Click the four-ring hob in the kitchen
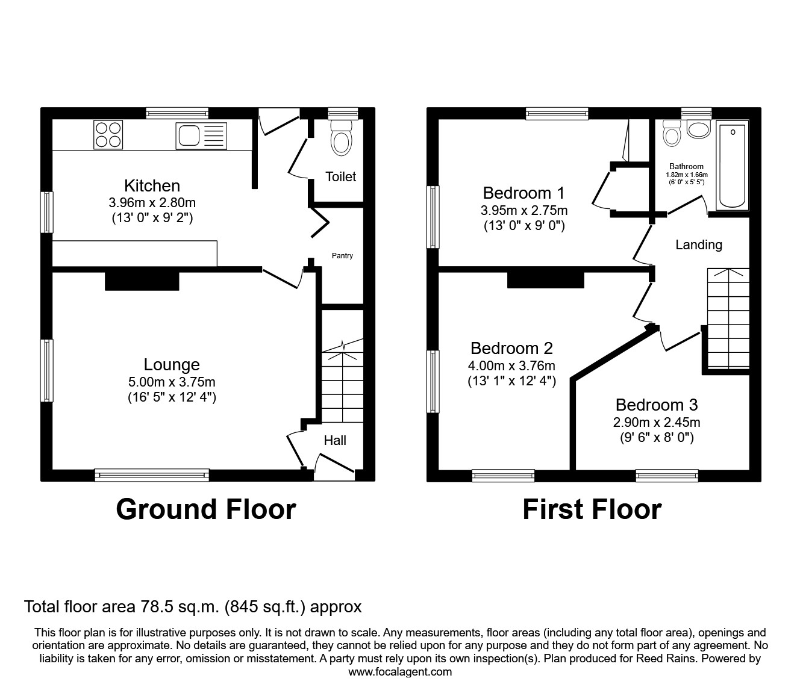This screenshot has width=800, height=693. click(108, 135)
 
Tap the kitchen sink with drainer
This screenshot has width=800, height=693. click(201, 136)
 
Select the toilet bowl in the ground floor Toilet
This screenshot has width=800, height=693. click(342, 138)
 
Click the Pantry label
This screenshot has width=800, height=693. click(342, 256)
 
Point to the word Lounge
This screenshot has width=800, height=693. click(172, 364)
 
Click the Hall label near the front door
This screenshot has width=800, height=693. click(335, 440)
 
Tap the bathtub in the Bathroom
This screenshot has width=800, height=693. click(733, 166)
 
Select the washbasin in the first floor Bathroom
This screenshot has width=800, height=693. click(699, 129)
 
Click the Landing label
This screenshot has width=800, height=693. click(699, 245)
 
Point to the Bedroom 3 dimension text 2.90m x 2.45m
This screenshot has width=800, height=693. click(657, 421)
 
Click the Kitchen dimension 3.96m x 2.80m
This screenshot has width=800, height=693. click(152, 202)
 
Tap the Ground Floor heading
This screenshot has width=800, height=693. click(206, 509)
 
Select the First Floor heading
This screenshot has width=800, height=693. click(592, 509)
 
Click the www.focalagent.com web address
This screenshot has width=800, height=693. click(400, 672)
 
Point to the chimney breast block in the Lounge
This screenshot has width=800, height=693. click(142, 281)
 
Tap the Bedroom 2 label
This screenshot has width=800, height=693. click(511, 348)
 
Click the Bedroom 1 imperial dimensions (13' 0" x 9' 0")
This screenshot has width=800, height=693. click(524, 226)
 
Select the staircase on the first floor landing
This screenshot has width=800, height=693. click(728, 319)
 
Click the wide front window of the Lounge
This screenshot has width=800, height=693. click(152, 475)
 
